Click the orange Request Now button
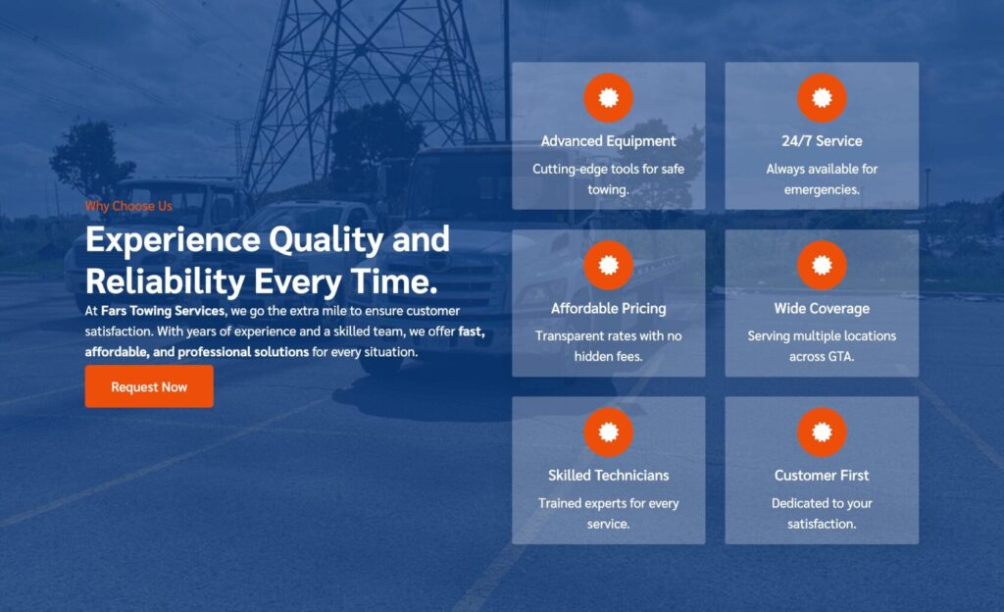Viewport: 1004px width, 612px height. (149, 386)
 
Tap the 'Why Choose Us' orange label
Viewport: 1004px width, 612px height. (128, 206)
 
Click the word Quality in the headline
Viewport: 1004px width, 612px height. (326, 240)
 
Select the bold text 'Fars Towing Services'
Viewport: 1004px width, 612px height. (164, 311)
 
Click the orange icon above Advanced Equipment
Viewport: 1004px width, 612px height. (608, 98)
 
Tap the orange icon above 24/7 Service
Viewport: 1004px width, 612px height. (822, 98)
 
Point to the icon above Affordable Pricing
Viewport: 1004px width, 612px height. (608, 265)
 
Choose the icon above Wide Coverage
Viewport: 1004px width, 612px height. (822, 265)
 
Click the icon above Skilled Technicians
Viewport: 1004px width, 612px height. (608, 433)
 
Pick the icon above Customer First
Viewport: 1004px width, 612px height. (822, 433)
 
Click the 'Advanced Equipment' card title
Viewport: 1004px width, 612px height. (608, 141)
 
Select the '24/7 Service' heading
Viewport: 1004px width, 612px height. (822, 141)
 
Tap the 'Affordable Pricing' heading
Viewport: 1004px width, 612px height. (608, 309)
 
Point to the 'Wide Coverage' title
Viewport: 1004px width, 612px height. (822, 309)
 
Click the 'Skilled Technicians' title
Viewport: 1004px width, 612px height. (608, 475)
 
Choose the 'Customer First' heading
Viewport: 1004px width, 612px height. (822, 475)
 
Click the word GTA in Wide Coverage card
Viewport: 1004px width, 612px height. (840, 357)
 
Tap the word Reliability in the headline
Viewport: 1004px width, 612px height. (165, 281)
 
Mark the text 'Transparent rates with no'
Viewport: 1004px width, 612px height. (608, 336)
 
